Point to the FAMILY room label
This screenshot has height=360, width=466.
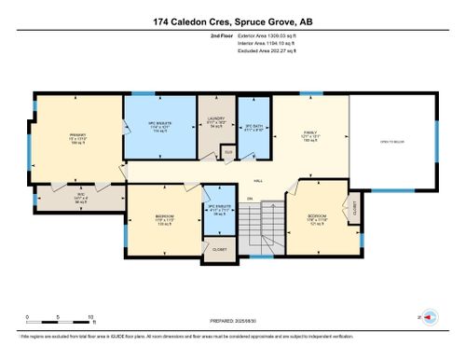point(308,132)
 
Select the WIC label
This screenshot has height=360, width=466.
point(54,194)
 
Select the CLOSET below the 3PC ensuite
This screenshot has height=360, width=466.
point(219,249)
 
